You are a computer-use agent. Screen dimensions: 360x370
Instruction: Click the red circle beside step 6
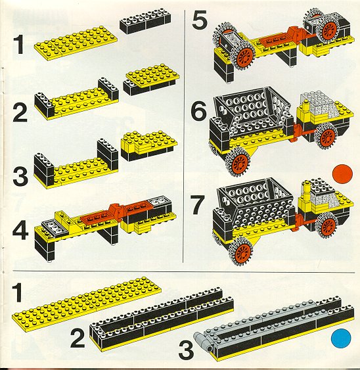pyautogui.click(x=342, y=174)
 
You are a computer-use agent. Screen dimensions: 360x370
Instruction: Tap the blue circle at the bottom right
pyautogui.click(x=341, y=338)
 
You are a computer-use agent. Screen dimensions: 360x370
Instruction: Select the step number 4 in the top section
pyautogui.click(x=20, y=231)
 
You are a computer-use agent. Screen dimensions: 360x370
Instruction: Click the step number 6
pyautogui.click(x=198, y=110)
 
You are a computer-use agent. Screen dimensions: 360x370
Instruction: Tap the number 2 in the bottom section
pyautogui.click(x=78, y=338)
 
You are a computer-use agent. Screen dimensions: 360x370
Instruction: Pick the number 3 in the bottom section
pyautogui.click(x=186, y=349)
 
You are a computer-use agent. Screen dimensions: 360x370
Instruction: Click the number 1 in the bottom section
pyautogui.click(x=18, y=292)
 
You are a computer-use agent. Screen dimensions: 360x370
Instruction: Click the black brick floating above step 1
pyautogui.click(x=145, y=20)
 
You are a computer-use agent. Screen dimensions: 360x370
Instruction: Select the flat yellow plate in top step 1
pyautogui.click(x=76, y=43)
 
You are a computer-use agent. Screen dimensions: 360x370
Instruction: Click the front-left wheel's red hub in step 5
pyautogui.click(x=244, y=57)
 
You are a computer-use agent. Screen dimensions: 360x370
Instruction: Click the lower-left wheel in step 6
pyautogui.click(x=237, y=162)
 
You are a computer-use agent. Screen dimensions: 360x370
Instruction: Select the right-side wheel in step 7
pyautogui.click(x=327, y=225)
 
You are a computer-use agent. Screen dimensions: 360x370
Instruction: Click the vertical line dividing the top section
pyautogui.click(x=183, y=136)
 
